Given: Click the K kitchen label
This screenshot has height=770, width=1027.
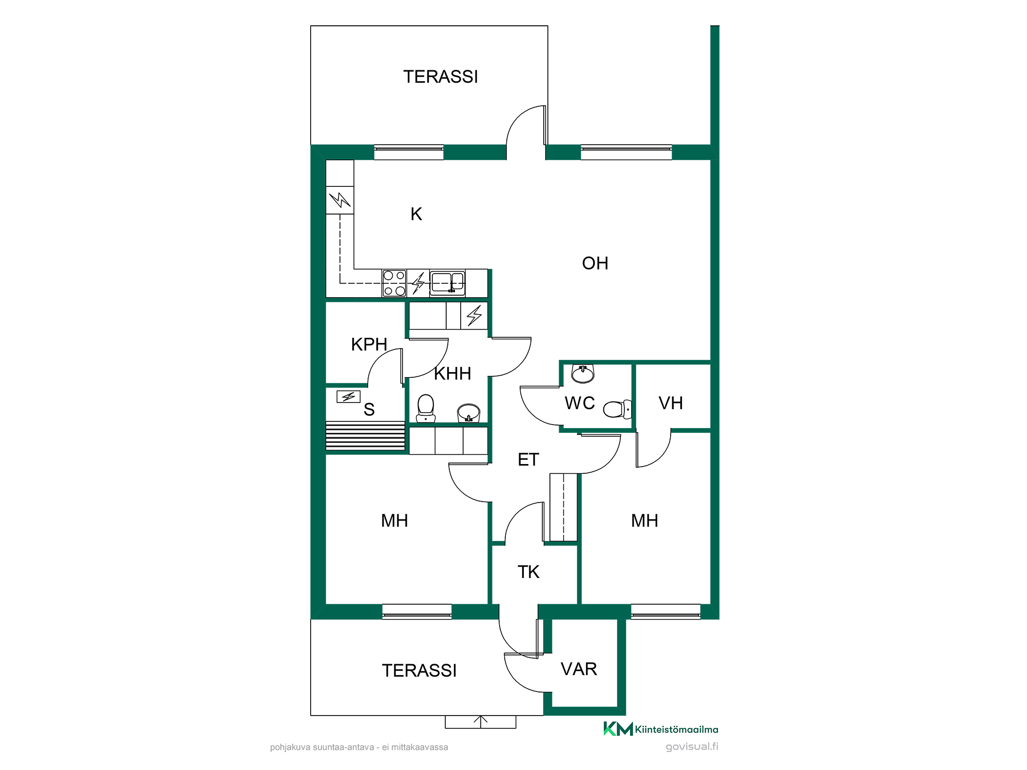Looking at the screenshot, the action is coord(416,214).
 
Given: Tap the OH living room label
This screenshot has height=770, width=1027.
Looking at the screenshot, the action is coord(595,263).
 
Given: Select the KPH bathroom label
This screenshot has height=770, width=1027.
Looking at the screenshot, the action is coord(369,344).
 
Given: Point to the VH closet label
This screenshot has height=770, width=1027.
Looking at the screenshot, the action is coord(671,403).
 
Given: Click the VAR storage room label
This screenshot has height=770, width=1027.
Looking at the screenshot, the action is coord(579,669).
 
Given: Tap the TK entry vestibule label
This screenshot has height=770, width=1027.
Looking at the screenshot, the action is coord(528,572).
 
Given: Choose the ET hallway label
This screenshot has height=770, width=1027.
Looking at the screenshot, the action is coord(528,459).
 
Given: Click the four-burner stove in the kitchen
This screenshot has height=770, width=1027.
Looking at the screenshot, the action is coord(394,283).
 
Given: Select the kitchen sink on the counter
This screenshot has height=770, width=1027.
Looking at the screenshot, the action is coord(447,283).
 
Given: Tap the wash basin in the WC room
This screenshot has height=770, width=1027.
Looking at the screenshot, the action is coord(583,374).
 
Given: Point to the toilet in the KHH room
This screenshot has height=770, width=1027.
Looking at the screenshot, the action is coord(426,409).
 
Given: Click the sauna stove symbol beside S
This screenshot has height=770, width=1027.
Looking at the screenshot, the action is coord(349,397).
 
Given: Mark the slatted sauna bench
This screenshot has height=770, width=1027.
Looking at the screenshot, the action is coord(366,436).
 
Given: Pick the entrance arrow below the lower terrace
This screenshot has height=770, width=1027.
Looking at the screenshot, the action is coord(481,722).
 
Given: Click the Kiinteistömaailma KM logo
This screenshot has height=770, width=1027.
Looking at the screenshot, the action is coord(660,729).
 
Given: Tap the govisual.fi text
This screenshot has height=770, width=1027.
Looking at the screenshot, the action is coord(692,747).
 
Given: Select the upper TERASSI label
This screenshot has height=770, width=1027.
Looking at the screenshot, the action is coord(441,77).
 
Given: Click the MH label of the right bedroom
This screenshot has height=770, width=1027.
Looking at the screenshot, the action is coord(644,521).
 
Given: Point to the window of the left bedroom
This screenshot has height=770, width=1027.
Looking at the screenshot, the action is coord(417,611).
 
